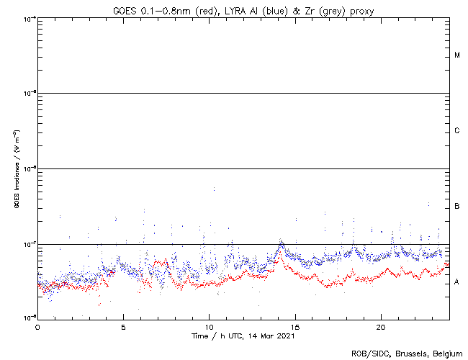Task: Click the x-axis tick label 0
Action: point(37,326)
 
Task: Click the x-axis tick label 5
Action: point(123,326)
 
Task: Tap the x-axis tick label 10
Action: point(209,326)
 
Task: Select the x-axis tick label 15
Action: point(294,326)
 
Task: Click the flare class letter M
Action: point(457,55)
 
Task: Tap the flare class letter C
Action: point(457,131)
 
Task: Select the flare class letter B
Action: point(457,207)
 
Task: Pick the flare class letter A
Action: point(457,282)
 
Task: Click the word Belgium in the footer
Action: point(446,353)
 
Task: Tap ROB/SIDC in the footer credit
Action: point(368,353)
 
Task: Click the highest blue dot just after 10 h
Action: point(214,189)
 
